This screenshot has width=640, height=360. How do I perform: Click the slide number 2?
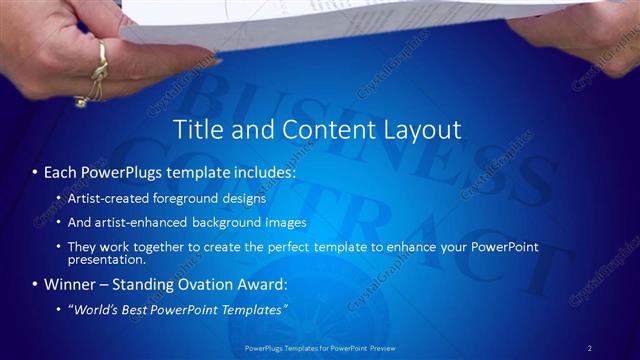point(590,347)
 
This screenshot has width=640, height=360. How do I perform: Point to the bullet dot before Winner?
point(34,284)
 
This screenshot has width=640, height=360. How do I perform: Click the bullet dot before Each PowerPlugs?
point(34,173)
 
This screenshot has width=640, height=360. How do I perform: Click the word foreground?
point(189,199)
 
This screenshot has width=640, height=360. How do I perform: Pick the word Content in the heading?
point(315,130)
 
